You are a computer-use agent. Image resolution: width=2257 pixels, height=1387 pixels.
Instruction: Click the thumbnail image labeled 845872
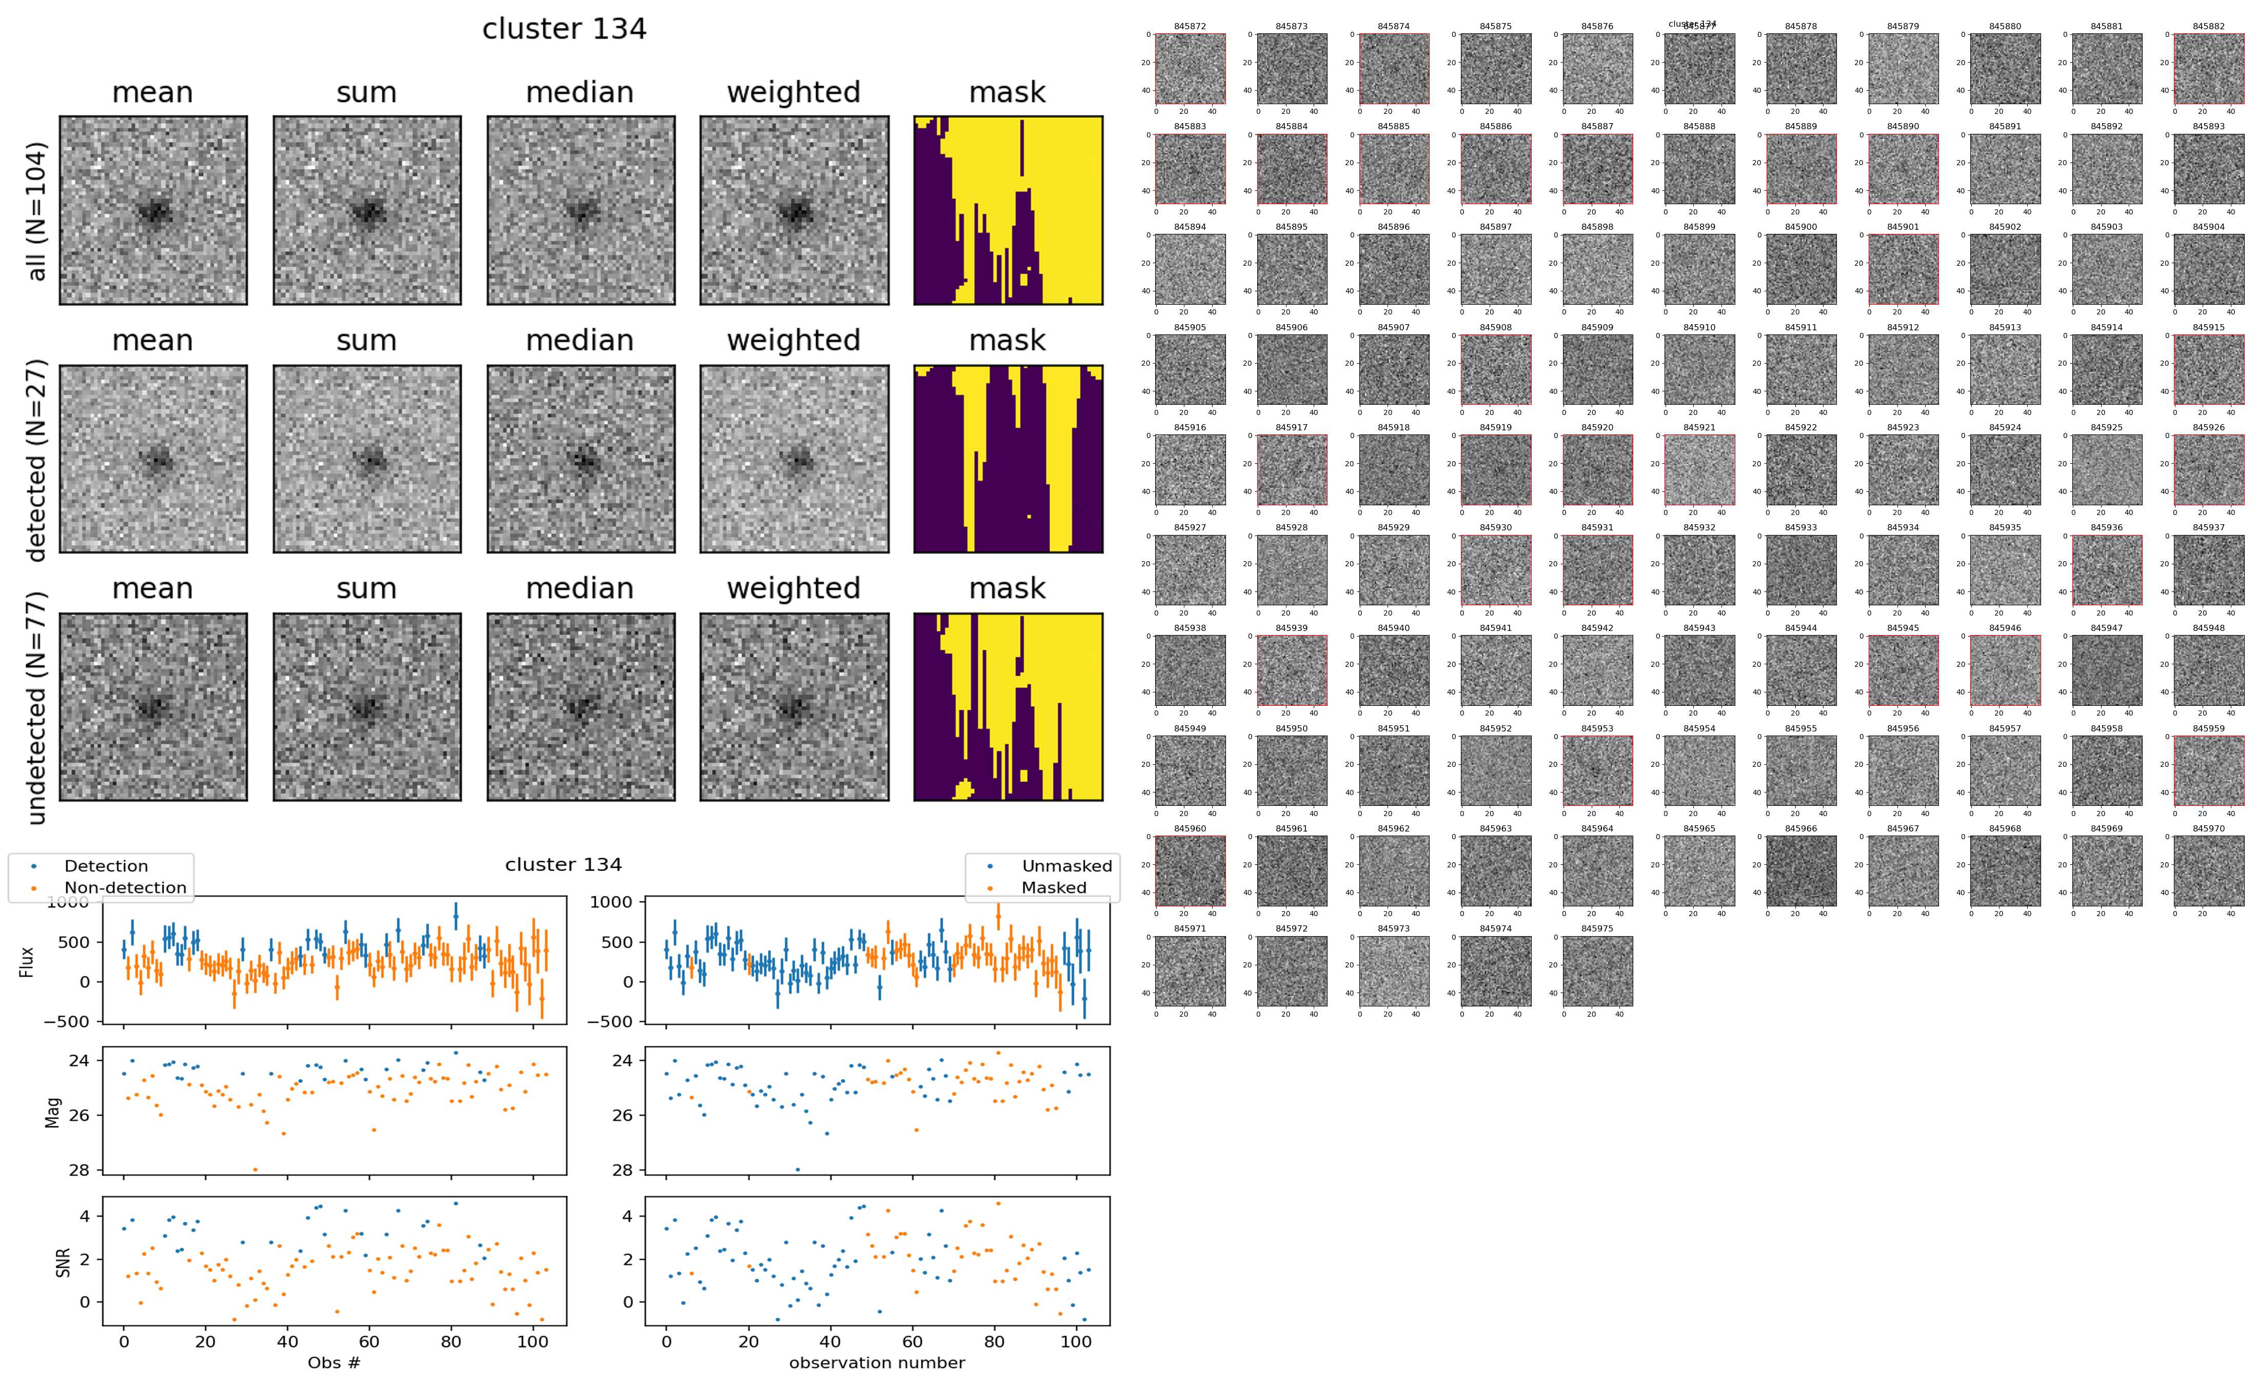click(x=1190, y=69)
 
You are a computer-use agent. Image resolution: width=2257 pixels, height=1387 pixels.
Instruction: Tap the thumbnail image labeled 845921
click(x=1698, y=470)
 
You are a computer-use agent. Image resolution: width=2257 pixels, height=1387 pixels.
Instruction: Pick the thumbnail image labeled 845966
click(x=1800, y=870)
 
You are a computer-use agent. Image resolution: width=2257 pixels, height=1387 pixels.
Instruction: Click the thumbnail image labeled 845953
click(x=1597, y=770)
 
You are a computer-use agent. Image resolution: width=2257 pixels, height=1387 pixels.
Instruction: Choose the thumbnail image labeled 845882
click(x=2207, y=69)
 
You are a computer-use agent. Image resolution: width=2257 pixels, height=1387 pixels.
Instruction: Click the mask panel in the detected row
click(x=1008, y=459)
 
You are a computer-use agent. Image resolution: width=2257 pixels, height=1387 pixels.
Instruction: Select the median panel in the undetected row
click(x=581, y=706)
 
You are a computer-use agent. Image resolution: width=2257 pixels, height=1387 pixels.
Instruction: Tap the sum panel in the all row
click(x=367, y=210)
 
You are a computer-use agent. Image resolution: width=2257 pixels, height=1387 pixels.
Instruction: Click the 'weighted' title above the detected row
click(x=794, y=340)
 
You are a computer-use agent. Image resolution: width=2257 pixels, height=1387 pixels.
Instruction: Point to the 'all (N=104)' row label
click(x=37, y=210)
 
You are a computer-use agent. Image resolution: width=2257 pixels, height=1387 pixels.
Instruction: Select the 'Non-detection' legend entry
click(x=125, y=887)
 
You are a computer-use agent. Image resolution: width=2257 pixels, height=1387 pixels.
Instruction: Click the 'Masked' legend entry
click(x=1054, y=887)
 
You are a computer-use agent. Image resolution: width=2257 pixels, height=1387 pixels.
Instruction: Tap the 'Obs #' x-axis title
click(x=334, y=1362)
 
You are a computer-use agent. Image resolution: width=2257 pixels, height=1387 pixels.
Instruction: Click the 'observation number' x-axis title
click(x=877, y=1362)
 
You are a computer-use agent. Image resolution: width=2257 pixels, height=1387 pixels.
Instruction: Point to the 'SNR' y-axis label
click(x=63, y=1261)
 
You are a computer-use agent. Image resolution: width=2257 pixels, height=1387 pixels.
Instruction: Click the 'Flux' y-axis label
click(x=27, y=961)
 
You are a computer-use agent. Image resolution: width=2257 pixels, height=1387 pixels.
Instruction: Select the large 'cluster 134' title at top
click(x=564, y=29)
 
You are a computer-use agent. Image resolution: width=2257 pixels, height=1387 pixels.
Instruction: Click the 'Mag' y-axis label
click(x=53, y=1111)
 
